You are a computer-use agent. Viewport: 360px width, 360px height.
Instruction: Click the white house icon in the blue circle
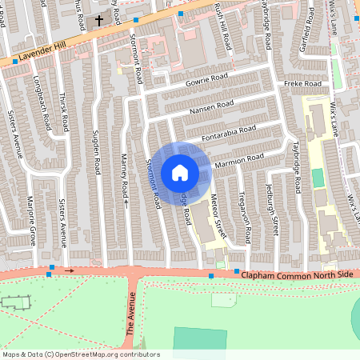click(180, 172)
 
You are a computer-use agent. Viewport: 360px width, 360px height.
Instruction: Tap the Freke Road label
click(302, 84)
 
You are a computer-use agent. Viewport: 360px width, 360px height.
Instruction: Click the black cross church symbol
click(100, 20)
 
